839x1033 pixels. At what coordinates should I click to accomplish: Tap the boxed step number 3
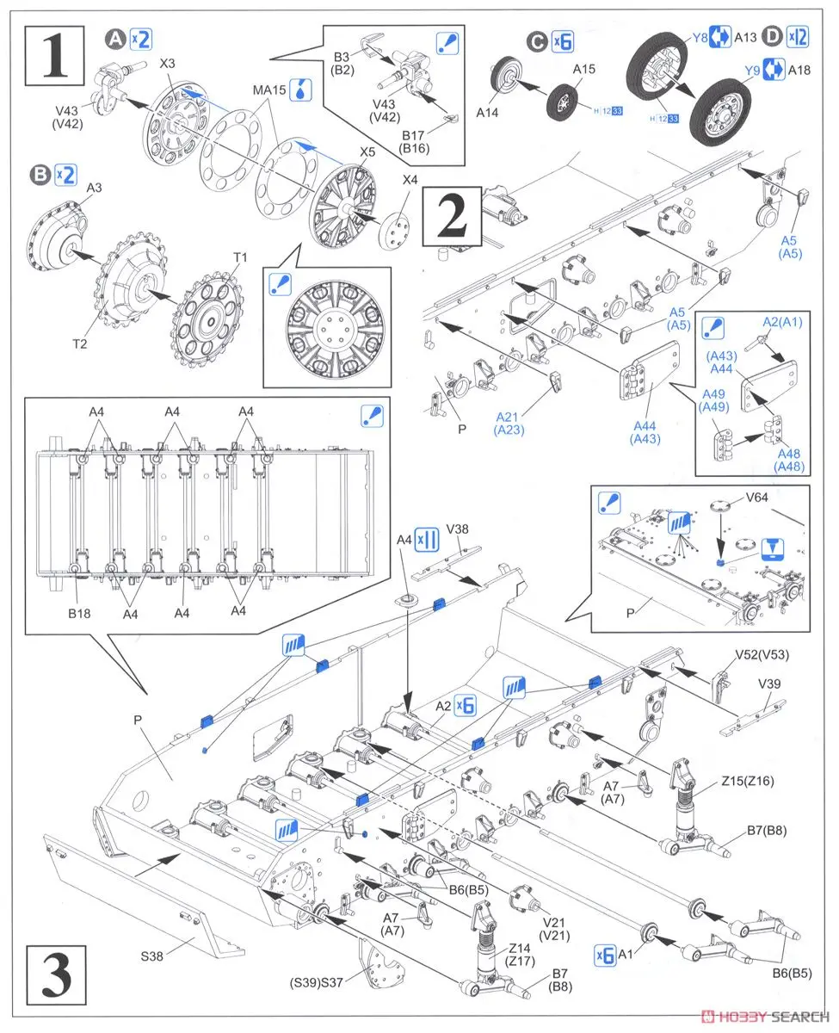57,974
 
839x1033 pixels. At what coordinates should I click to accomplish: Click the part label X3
167,65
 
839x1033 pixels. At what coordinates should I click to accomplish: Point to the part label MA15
269,90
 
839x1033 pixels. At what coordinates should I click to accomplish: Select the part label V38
458,531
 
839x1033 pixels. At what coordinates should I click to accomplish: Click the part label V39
770,684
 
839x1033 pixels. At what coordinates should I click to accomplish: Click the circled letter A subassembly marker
115,38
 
